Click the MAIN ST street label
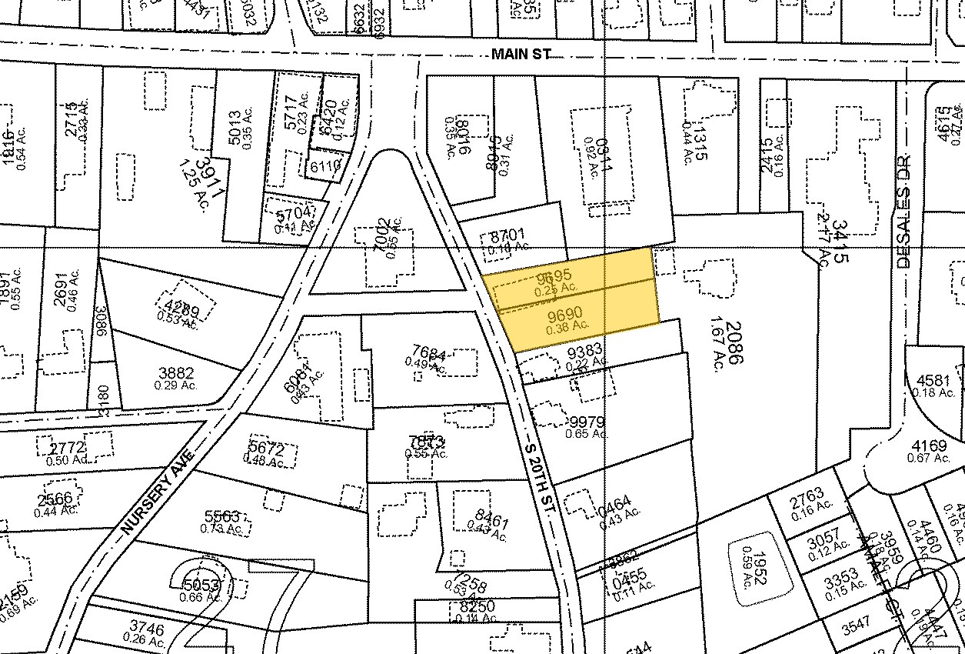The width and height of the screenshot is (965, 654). pyautogui.click(x=523, y=54)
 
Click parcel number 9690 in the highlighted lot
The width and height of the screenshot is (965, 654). pyautogui.click(x=565, y=314)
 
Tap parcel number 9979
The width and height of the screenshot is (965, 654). pyautogui.click(x=587, y=422)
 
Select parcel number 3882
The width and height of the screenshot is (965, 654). pyautogui.click(x=175, y=373)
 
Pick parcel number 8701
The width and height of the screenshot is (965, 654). pyautogui.click(x=507, y=235)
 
